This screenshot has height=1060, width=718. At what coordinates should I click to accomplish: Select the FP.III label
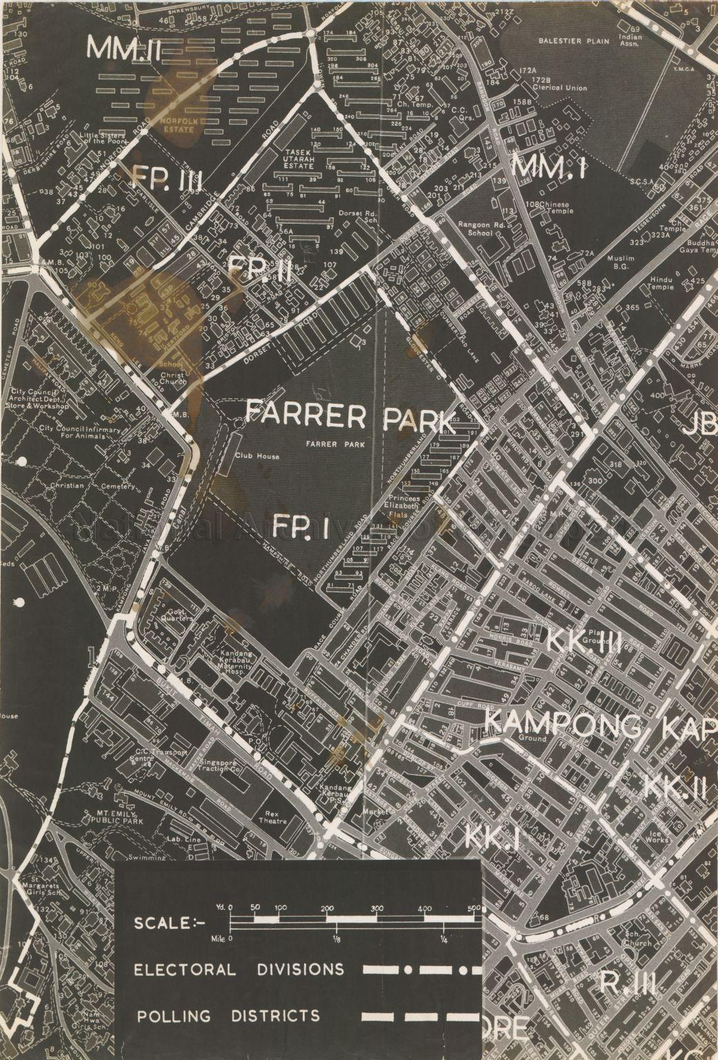(x=165, y=181)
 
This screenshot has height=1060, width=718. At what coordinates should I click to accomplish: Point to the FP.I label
(x=299, y=527)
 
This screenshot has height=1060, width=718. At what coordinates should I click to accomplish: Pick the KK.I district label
(x=492, y=837)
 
